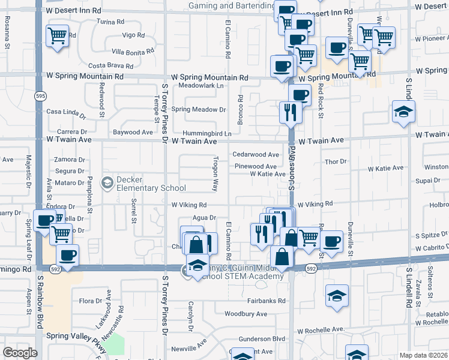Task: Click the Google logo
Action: tap(20, 353)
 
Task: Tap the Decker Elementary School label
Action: tap(143, 183)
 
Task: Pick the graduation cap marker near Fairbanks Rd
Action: tap(337, 295)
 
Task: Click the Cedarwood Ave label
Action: tap(256, 155)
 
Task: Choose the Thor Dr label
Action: tap(336, 161)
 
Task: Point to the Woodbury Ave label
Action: tap(246, 314)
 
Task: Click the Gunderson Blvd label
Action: tap(262, 339)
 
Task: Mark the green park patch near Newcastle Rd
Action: tap(115, 344)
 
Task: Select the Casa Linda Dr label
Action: tap(62, 112)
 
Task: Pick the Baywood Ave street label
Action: tap(133, 132)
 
